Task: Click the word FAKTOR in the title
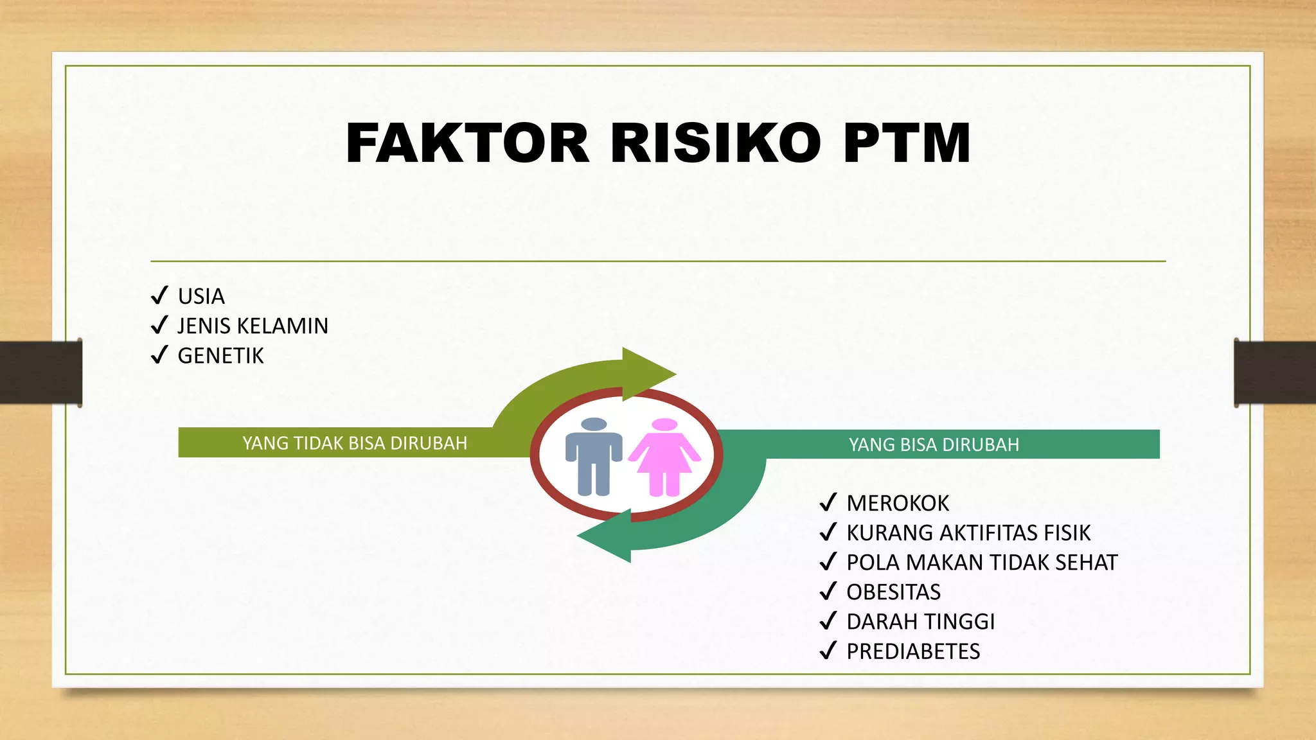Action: pyautogui.click(x=467, y=143)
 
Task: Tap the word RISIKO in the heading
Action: pyautogui.click(x=715, y=143)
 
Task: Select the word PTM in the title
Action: pyautogui.click(x=907, y=143)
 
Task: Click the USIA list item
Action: pyautogui.click(x=201, y=296)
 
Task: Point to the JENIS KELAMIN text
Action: pyautogui.click(x=253, y=326)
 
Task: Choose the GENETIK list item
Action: pyautogui.click(x=220, y=356)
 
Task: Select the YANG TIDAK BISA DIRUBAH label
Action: pyautogui.click(x=355, y=443)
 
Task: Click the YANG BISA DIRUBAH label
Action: pyautogui.click(x=934, y=445)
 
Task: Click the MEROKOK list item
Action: pyautogui.click(x=898, y=503)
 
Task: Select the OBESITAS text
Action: pyautogui.click(x=893, y=592)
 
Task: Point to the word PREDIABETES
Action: pyautogui.click(x=913, y=651)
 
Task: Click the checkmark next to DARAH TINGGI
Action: pyautogui.click(x=828, y=621)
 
